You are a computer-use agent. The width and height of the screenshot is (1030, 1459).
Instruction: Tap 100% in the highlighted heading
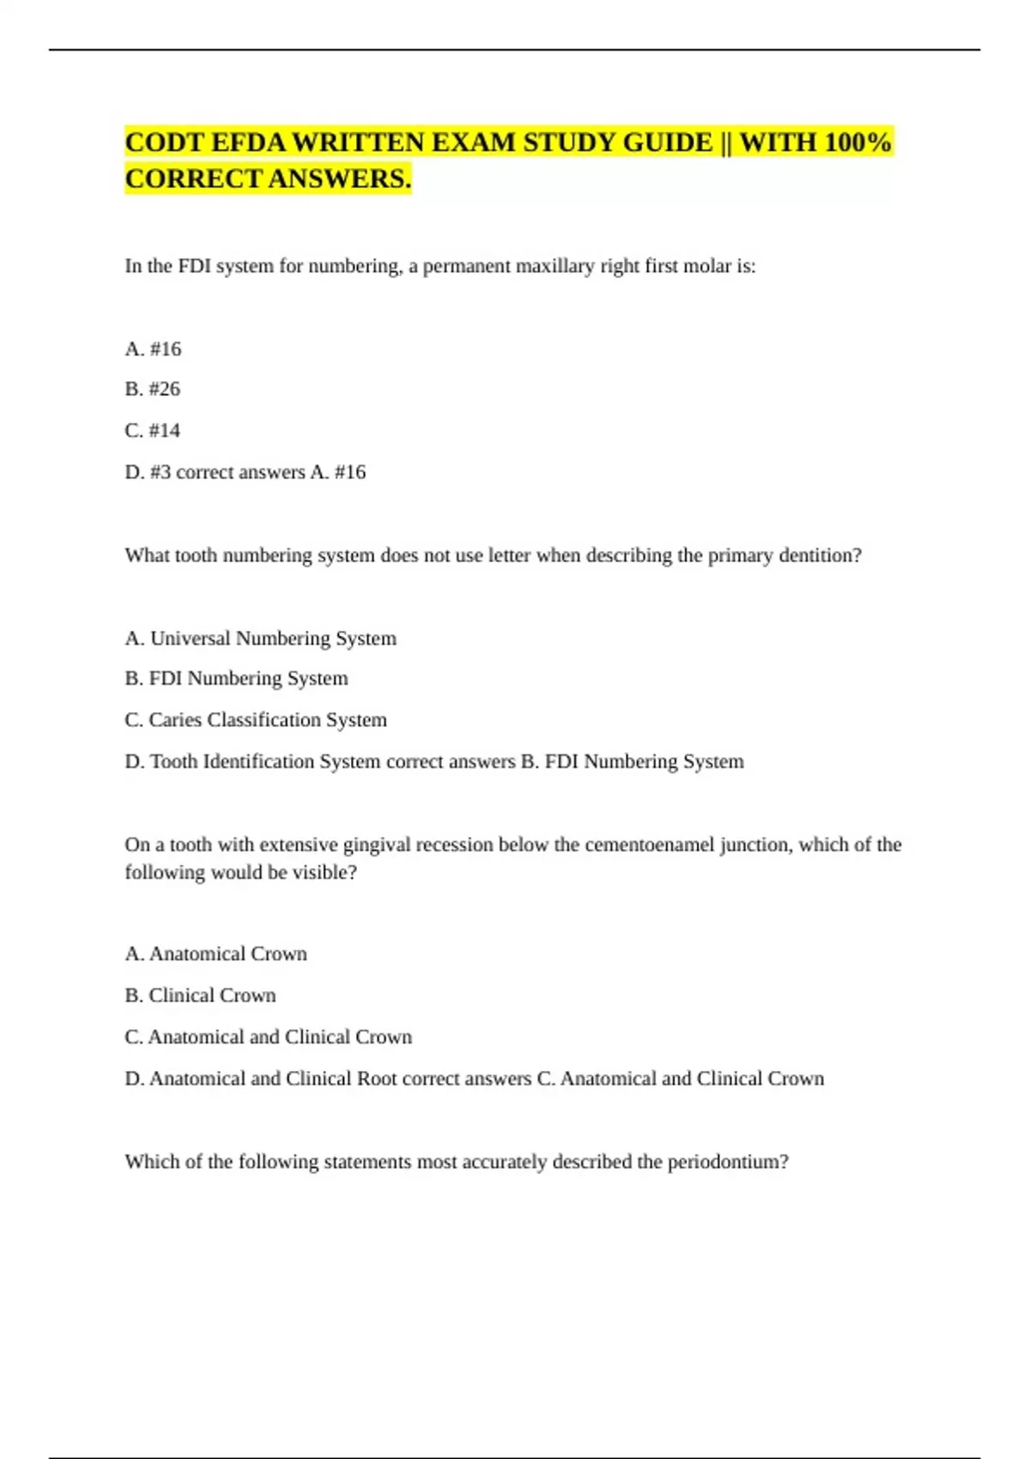coord(857,142)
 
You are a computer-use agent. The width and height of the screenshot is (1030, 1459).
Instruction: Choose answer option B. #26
coord(153,389)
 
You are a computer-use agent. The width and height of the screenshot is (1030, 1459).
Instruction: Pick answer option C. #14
coord(153,430)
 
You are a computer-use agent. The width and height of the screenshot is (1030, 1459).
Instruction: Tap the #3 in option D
coord(161,472)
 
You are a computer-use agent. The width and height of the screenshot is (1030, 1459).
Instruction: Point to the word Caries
coord(174,720)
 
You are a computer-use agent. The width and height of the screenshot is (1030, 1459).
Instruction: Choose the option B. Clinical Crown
coord(201,996)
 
